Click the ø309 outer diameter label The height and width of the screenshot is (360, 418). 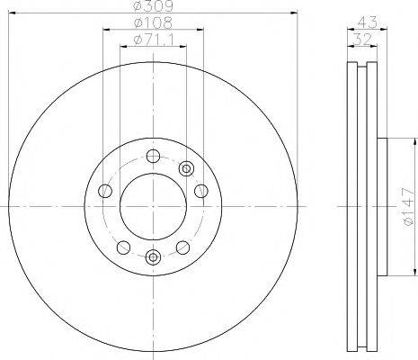tap(153, 6)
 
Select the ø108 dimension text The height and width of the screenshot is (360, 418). tap(153, 23)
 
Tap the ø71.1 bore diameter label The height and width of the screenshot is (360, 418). tap(153, 40)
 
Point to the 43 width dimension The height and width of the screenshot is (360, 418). tap(368, 22)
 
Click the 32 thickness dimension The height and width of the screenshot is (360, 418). tap(362, 40)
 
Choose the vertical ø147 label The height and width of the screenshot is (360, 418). tap(409, 206)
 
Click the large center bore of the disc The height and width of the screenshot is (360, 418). tap(153, 206)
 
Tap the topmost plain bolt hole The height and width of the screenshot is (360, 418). tap(153, 157)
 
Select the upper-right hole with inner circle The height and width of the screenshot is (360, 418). tap(186, 169)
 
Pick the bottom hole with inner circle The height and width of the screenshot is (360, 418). tap(153, 257)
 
